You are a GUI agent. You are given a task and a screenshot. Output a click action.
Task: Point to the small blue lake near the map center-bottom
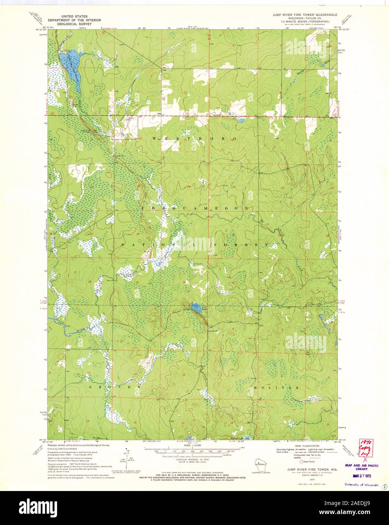point(195,308)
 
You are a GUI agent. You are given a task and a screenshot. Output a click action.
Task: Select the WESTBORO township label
point(194,139)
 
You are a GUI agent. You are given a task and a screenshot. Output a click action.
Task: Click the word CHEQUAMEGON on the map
point(194,208)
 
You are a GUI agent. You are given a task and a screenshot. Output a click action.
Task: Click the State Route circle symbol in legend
point(301,462)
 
